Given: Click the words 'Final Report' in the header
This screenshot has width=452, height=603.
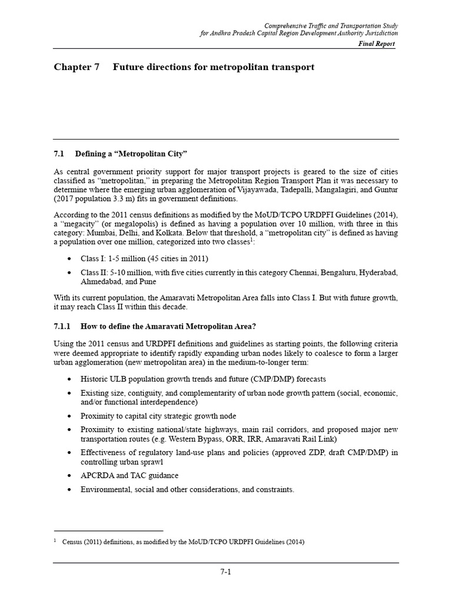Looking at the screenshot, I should click(x=377, y=44).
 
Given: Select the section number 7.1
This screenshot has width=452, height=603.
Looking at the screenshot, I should click(x=58, y=154).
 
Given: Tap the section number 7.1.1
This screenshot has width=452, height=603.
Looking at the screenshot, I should click(x=62, y=326).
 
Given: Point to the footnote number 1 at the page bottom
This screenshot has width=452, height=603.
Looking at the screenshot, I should click(x=55, y=541).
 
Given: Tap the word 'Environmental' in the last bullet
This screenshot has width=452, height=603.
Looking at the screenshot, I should click(x=105, y=490).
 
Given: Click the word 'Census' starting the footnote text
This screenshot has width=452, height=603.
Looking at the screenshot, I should click(x=74, y=542).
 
